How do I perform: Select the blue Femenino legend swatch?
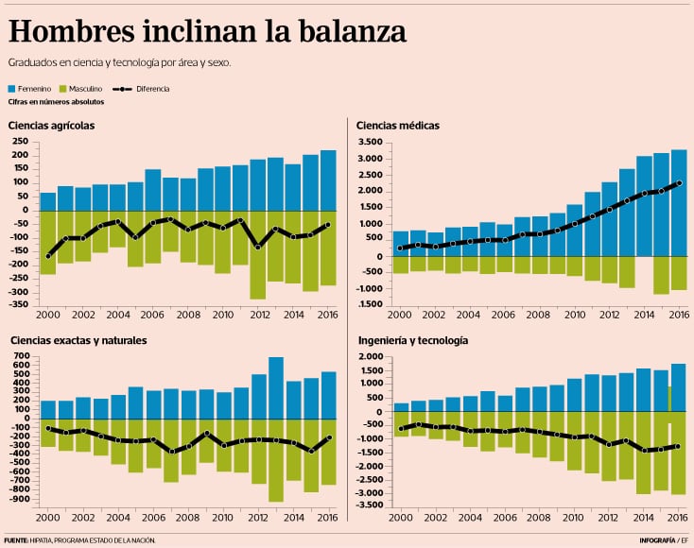pyautogui.click(x=13, y=88)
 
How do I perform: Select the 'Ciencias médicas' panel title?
pyautogui.click(x=398, y=125)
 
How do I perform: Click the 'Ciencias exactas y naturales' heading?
pyautogui.click(x=78, y=339)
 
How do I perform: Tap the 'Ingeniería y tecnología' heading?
pyautogui.click(x=414, y=339)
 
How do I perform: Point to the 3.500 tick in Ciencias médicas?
pyautogui.click(x=370, y=143)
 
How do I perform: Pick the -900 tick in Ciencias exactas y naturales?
pyautogui.click(x=20, y=495)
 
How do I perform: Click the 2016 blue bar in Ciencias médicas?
pyautogui.click(x=679, y=203)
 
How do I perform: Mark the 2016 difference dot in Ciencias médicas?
pyautogui.click(x=679, y=182)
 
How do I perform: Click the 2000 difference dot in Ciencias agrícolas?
pyautogui.click(x=47, y=255)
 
